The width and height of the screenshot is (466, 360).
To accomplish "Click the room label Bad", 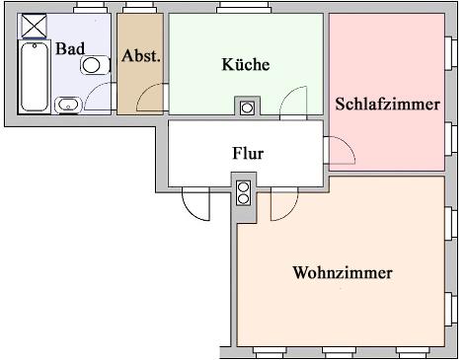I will tap(69, 48).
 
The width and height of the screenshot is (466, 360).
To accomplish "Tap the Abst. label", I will tap(140, 56).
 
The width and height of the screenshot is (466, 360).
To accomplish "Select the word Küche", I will tap(246, 64).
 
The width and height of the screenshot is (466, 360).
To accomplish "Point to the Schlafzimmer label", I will tap(387, 104).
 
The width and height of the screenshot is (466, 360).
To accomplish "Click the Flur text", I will tap(247, 154).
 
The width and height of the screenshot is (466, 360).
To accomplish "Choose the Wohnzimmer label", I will tap(343, 272).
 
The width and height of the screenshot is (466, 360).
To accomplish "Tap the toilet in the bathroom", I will tap(94, 65).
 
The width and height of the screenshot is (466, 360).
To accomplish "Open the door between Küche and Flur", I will tap(294, 102).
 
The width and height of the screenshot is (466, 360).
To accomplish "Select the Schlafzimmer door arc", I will tap(340, 151).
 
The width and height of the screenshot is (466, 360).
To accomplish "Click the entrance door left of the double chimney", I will tap(196, 203).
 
